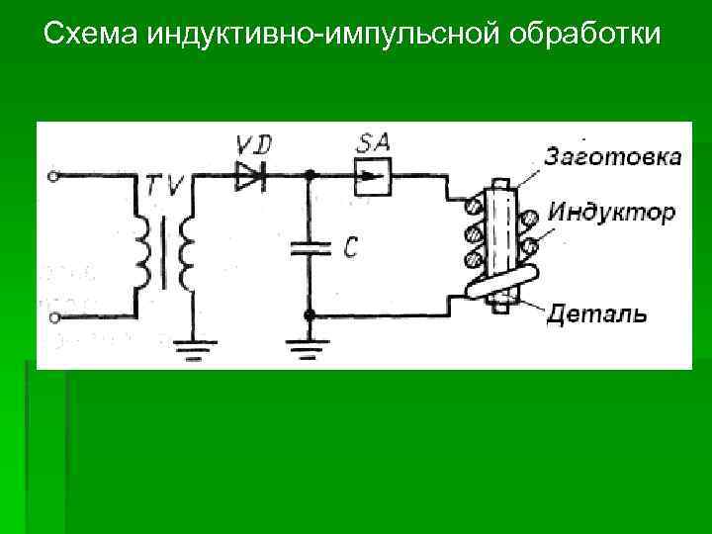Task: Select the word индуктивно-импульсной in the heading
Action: tap(326, 37)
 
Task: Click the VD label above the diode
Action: tap(253, 145)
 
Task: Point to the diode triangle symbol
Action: tap(248, 178)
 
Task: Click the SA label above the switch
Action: tap(374, 142)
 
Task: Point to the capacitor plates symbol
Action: tap(310, 247)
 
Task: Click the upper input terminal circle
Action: tap(54, 177)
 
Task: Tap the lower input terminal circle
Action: tap(54, 317)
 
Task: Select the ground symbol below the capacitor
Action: tap(310, 348)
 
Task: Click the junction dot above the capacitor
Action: tap(310, 177)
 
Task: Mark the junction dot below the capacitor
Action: tap(310, 316)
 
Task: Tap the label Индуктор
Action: tap(611, 212)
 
